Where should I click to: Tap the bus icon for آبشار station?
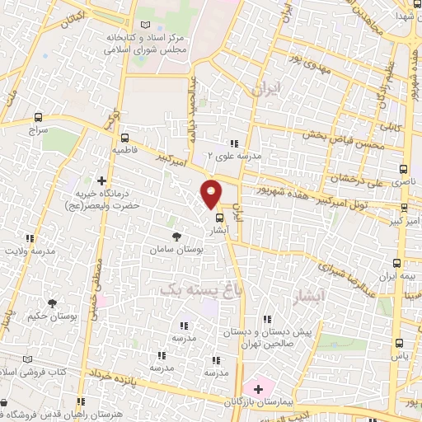click(x=219, y=218)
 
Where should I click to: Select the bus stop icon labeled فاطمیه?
click(x=124, y=138)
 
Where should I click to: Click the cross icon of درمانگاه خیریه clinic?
click(x=102, y=180)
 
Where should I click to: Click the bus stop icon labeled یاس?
click(x=400, y=343)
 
